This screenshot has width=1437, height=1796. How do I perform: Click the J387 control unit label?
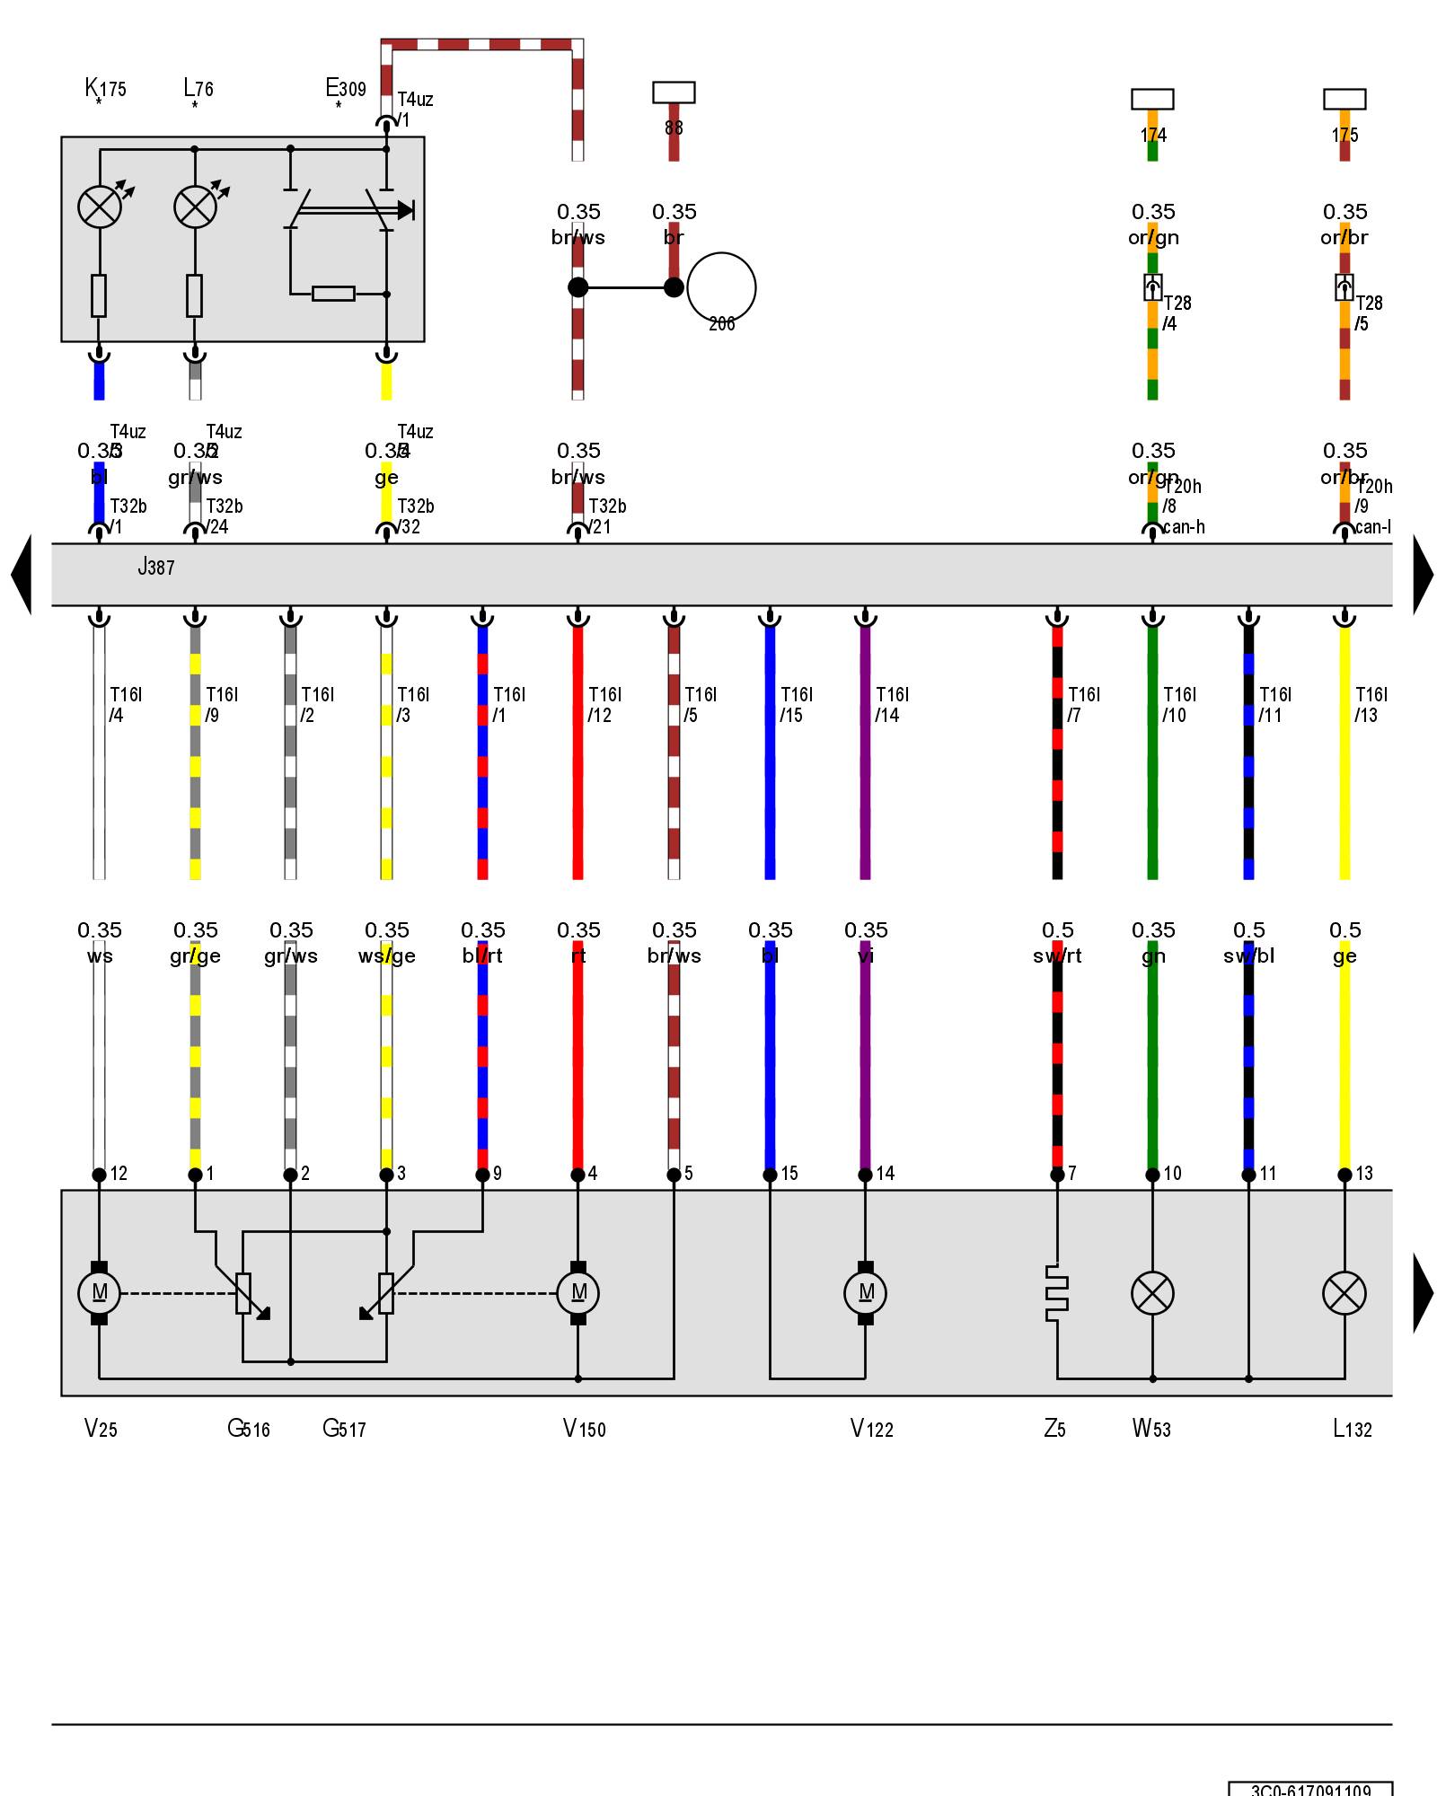point(155,567)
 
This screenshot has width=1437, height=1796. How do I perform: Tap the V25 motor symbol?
point(99,1293)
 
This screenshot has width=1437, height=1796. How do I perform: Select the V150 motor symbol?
point(578,1293)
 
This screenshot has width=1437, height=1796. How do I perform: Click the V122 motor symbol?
point(865,1293)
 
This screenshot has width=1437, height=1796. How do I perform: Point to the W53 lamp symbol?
point(1152,1293)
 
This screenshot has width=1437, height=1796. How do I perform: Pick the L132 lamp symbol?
point(1344,1293)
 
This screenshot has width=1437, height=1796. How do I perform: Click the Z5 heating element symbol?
point(1057,1293)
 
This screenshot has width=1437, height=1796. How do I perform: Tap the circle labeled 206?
point(721,288)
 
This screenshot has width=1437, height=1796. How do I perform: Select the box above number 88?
point(674,92)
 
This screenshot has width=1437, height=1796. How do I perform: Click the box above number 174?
point(1152,99)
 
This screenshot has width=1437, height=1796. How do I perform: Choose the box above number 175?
point(1344,99)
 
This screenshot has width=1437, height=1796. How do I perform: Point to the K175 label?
point(105,88)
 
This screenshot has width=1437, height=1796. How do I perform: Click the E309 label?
point(346,88)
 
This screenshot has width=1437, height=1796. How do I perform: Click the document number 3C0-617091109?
point(1310,1790)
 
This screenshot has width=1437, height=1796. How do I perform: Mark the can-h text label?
point(1184,527)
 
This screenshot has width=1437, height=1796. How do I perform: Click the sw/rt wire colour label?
point(1057,956)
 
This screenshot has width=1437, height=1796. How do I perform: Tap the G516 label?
point(249,1429)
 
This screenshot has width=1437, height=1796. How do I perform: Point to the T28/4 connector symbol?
point(1153,287)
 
